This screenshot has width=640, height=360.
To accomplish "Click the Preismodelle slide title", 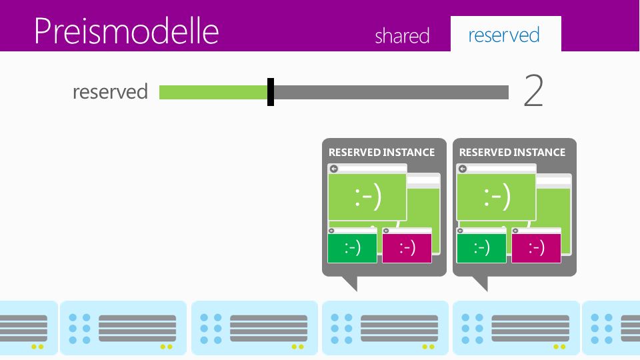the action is (127, 31).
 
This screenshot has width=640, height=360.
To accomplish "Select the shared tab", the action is (402, 35).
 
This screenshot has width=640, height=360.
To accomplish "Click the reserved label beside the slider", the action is (110, 91).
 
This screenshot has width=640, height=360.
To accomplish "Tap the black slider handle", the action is (271, 92).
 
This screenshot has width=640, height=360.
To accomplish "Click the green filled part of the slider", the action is (213, 92).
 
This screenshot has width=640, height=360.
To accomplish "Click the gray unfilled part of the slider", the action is (391, 92).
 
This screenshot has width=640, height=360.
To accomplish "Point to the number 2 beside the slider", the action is (533, 90).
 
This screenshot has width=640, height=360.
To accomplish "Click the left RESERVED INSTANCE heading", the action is (381, 152).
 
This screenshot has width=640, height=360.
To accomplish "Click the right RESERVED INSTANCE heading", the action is (512, 152).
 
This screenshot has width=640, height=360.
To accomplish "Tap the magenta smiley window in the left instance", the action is (407, 246).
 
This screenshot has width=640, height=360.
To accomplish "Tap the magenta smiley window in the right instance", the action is (536, 246).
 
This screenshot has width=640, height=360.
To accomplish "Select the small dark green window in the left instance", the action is (352, 246).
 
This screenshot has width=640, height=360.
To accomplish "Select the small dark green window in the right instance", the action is (481, 246).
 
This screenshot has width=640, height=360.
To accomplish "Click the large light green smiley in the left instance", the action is (368, 197).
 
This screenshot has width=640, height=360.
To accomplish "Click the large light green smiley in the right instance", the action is (497, 197).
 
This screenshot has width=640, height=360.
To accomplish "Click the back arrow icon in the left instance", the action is (334, 169).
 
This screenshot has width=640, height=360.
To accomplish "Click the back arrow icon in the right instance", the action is (463, 169).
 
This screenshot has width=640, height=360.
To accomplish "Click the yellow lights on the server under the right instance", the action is (559, 347).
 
